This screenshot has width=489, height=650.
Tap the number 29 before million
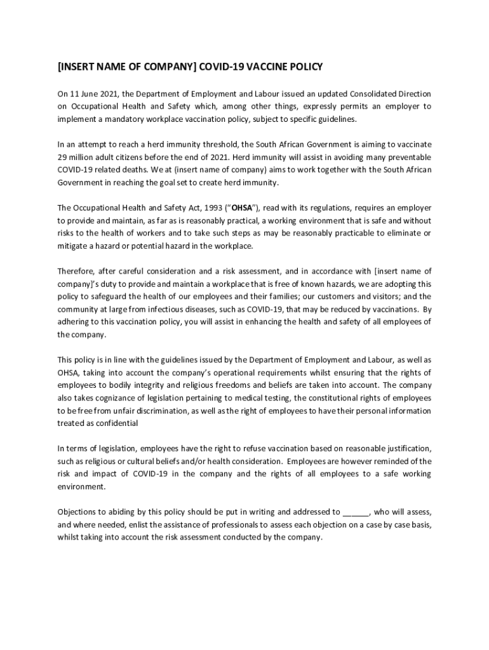62,157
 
